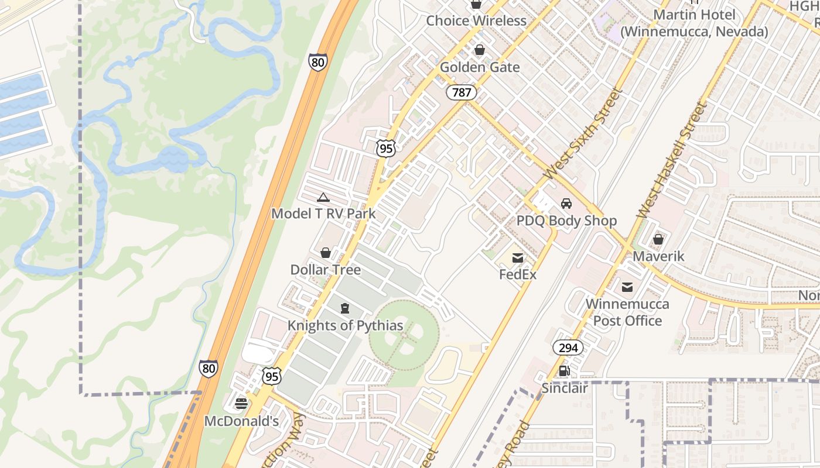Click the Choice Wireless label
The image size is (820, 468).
(476, 21)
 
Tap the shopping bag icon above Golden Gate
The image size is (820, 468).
(480, 50)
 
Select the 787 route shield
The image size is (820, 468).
(461, 92)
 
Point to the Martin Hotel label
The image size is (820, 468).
(694, 23)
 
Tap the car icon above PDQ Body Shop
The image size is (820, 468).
(566, 204)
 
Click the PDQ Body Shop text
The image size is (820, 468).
(566, 221)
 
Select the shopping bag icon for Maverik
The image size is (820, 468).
(658, 239)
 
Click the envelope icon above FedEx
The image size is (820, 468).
(518, 257)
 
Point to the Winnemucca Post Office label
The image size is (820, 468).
(627, 312)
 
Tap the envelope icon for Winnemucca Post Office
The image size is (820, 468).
(627, 287)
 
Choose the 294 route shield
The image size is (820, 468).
(568, 348)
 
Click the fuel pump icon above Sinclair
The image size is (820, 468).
(565, 370)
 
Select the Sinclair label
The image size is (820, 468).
(565, 388)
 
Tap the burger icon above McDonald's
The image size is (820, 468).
(241, 404)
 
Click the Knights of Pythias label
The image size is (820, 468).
(345, 326)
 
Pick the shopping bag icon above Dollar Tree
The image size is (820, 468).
(326, 253)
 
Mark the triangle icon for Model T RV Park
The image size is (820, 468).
(323, 197)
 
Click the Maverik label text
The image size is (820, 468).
(658, 256)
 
